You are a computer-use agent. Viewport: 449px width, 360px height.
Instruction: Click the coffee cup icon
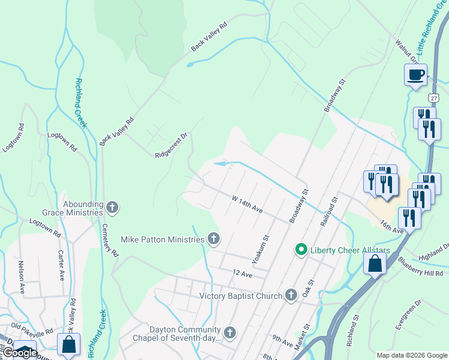pyautogui.click(x=416, y=75)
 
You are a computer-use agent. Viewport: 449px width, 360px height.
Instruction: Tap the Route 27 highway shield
pyautogui.click(x=433, y=97)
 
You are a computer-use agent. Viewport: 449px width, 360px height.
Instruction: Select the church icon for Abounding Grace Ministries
pyautogui.click(x=112, y=208)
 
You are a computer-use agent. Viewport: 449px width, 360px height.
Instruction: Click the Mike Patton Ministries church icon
pyautogui.click(x=213, y=239)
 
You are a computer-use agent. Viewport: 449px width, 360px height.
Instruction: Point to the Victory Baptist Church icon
pyautogui.click(x=291, y=295)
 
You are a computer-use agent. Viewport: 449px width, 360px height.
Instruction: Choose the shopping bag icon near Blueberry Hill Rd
pyautogui.click(x=375, y=263)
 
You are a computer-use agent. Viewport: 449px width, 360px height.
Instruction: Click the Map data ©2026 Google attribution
pyautogui.click(x=412, y=355)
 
